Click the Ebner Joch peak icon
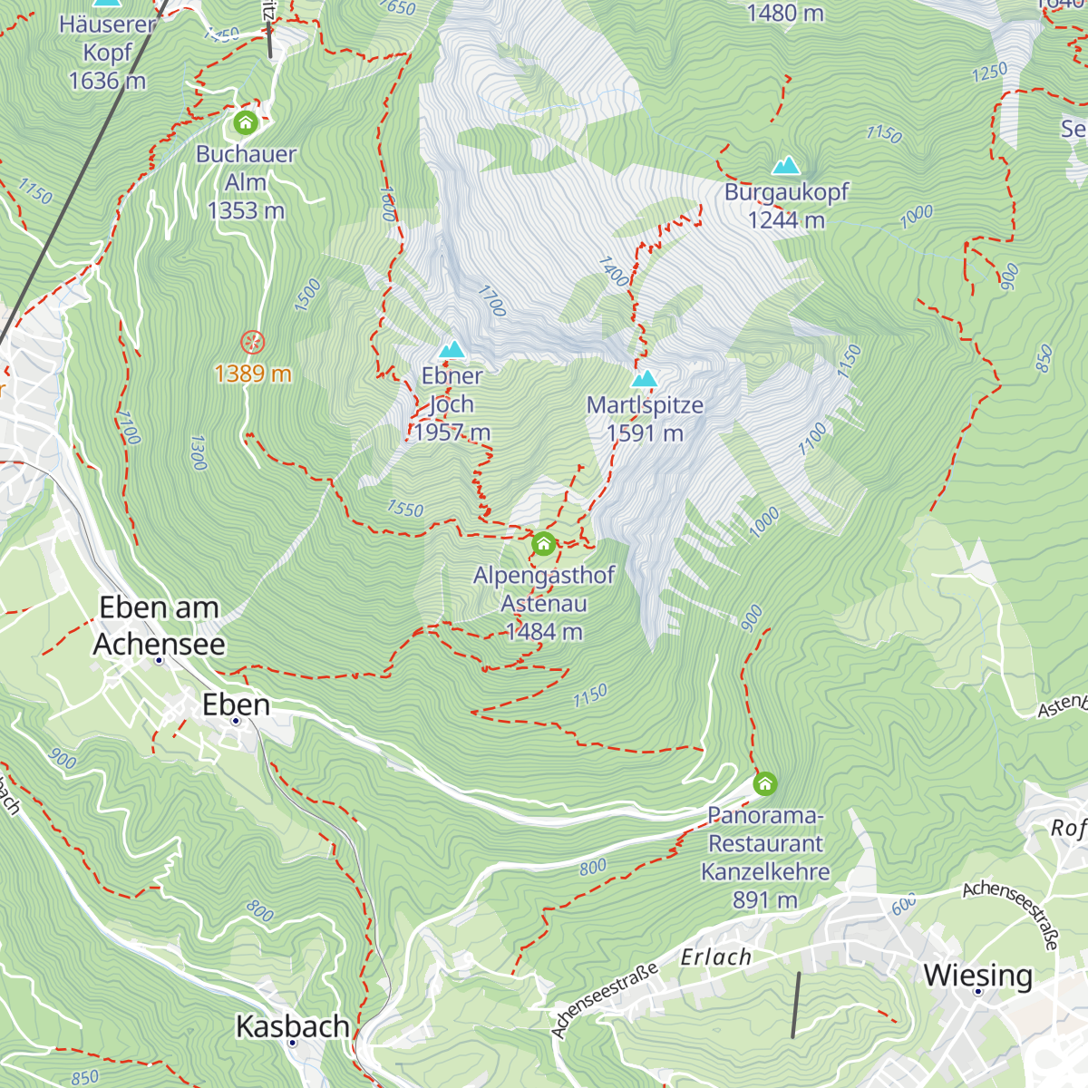point(452,349)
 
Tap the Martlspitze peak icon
point(645,378)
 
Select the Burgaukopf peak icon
point(786,166)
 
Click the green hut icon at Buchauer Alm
point(246,121)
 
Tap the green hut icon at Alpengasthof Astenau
point(543,543)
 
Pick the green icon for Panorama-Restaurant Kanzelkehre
point(765,782)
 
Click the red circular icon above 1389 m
point(253,343)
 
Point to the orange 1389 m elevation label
point(253,374)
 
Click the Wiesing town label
point(977,976)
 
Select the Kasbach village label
point(292,1026)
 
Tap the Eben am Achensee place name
point(160,626)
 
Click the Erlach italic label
point(716,957)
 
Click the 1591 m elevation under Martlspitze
point(645,433)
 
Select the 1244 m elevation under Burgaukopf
point(786,220)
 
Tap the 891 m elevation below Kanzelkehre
point(765,899)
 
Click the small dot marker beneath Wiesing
point(978,992)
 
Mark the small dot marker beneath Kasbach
point(292,1044)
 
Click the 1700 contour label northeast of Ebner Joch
point(491,301)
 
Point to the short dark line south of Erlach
point(795,1005)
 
